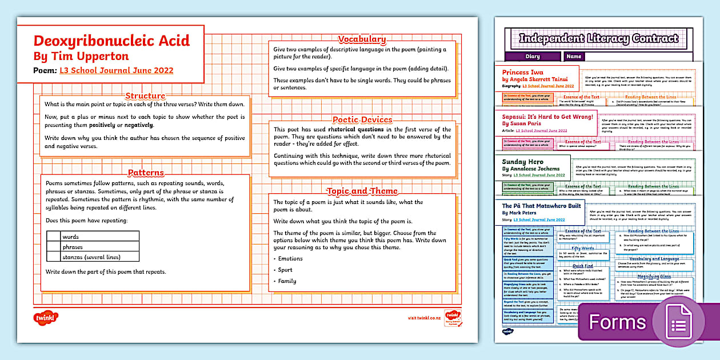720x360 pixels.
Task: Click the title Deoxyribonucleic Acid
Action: pyautogui.click(x=111, y=41)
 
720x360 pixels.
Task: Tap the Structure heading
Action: pyautogui.click(x=145, y=96)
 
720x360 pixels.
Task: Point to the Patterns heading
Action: pyautogui.click(x=146, y=173)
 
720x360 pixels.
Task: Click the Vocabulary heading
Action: pyautogui.click(x=362, y=39)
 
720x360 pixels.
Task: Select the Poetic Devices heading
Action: pyautogui.click(x=362, y=119)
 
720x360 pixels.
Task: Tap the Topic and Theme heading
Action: pyautogui.click(x=362, y=191)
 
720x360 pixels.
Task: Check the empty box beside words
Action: pyautogui.click(x=54, y=237)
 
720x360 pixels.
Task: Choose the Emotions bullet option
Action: pyautogui.click(x=290, y=259)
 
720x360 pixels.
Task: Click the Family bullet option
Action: pyautogui.click(x=287, y=281)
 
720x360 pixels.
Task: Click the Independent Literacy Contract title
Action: pyautogui.click(x=598, y=39)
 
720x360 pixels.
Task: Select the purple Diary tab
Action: pyautogui.click(x=532, y=57)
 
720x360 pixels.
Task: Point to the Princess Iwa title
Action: pyautogui.click(x=523, y=73)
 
